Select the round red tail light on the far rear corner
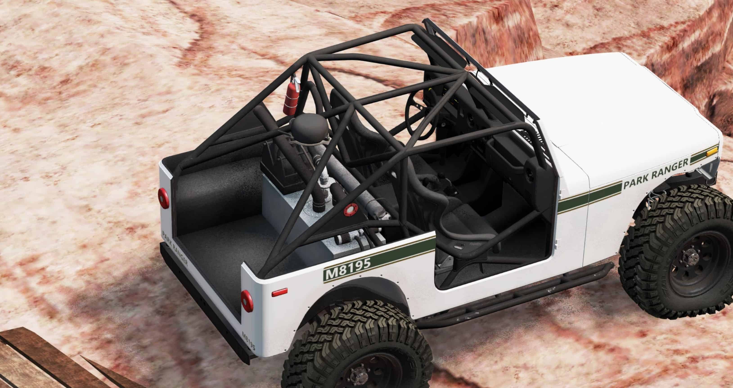[x=164, y=198]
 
